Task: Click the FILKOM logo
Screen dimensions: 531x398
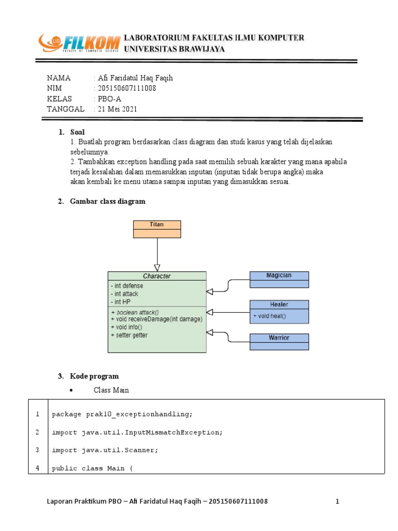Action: (78, 44)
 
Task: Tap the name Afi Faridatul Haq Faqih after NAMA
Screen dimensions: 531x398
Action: (135, 78)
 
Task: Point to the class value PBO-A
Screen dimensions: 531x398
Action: (106, 99)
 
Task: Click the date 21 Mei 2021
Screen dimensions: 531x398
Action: (117, 109)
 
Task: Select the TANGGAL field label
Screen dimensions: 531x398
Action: (65, 109)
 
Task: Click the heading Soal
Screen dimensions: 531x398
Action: (77, 132)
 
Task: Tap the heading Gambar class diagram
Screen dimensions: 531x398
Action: (108, 201)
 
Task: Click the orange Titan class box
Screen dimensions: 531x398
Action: (157, 229)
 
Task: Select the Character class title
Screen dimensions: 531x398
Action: (157, 276)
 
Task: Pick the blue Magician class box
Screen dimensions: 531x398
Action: (279, 279)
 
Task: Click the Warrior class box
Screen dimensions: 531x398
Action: (279, 342)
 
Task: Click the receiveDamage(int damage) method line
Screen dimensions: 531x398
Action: (157, 319)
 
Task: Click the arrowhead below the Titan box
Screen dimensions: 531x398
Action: (157, 268)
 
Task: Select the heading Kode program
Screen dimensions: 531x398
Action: (94, 376)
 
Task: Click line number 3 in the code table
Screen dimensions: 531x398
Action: (37, 450)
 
